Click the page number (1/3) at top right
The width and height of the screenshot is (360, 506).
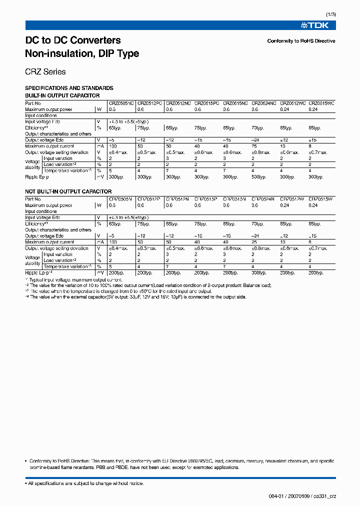pos(330,14)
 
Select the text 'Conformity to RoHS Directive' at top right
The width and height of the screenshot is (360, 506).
pos(301,41)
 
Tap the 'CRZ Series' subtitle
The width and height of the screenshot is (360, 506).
pos(45,71)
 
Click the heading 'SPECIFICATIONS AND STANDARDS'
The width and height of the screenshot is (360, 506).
pos(69,88)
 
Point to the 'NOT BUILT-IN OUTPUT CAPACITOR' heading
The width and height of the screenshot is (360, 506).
pos(68,191)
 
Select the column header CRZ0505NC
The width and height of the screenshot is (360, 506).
pos(121,103)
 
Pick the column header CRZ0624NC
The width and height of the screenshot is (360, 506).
pos(263,103)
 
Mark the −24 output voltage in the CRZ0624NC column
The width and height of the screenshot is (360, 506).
pos(256,140)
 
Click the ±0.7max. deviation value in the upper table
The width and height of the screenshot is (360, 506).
pos(318,152)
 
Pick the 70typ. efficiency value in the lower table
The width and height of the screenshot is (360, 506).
pos(259,224)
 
